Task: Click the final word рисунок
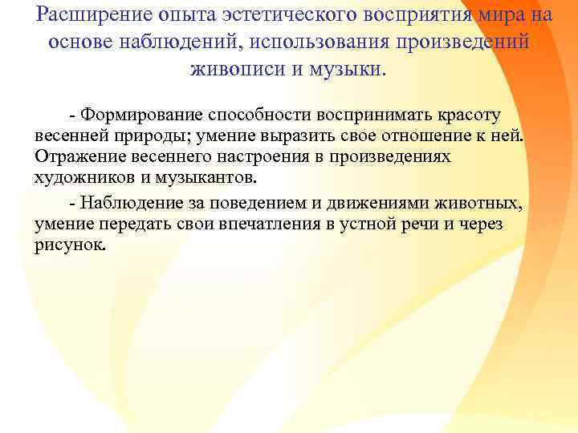pyautogui.click(x=69, y=244)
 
